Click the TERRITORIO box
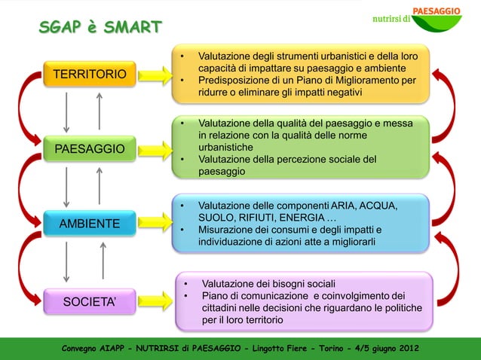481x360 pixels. [89, 75]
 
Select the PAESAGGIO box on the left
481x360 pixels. [89, 148]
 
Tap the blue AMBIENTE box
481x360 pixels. [89, 224]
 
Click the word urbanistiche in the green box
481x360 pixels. [225, 148]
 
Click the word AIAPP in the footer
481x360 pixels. [119, 349]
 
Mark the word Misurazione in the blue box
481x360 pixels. [227, 230]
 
